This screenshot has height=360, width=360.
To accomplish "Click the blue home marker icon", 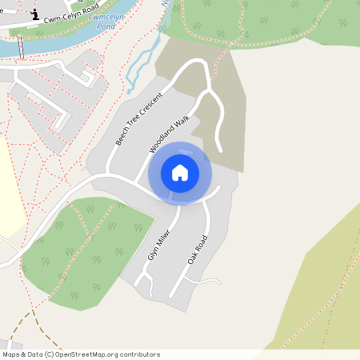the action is [x=180, y=173].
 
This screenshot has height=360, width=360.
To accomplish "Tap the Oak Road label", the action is [x=197, y=250].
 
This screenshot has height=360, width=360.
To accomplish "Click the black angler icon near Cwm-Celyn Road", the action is [x=34, y=14].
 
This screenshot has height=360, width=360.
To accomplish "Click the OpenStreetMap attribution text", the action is [x=80, y=354].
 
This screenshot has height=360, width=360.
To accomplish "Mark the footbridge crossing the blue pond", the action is [x=21, y=48].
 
